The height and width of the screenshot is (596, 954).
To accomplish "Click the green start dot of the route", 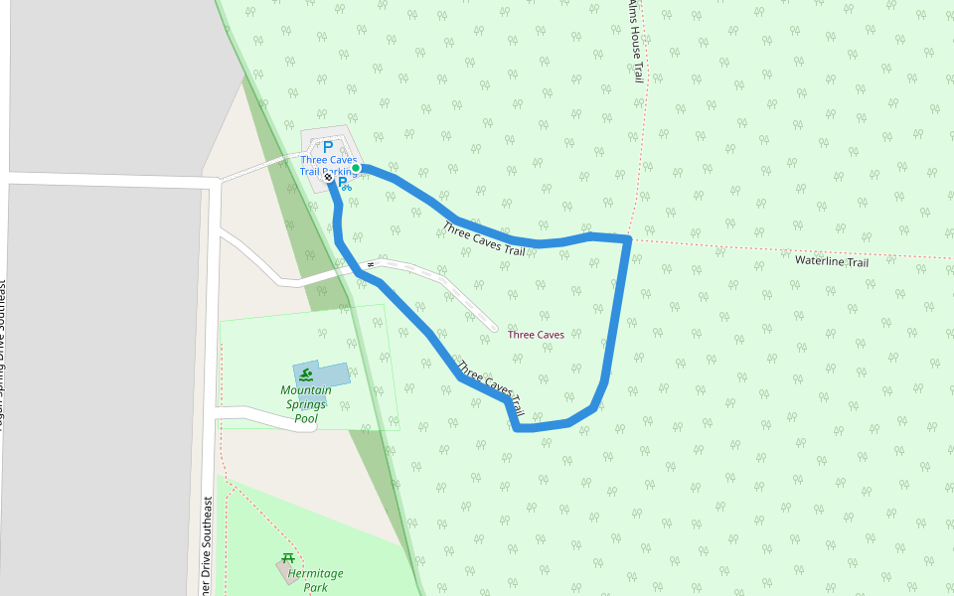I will click(x=356, y=168).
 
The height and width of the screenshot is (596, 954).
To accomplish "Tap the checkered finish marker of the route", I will click(x=329, y=178).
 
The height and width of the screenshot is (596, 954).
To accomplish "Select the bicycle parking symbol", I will click(x=344, y=185).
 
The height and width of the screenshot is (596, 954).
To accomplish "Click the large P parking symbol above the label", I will click(x=328, y=148).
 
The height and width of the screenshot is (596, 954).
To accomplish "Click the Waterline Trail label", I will click(x=832, y=261).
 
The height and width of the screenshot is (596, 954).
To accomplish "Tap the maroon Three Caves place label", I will click(x=536, y=335).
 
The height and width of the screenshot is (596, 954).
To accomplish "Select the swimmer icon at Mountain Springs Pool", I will click(x=307, y=374).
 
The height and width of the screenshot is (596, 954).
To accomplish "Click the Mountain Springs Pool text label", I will click(x=305, y=404).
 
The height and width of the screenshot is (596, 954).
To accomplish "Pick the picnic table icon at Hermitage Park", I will click(x=288, y=558).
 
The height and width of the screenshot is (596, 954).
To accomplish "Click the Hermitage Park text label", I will click(x=315, y=580).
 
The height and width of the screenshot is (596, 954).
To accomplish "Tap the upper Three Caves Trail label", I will click(x=484, y=238).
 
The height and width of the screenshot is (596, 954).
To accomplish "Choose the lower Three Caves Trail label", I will click(x=490, y=385).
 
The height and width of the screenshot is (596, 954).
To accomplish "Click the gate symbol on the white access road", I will click(x=370, y=264).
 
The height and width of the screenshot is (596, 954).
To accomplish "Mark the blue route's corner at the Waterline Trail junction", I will click(x=628, y=238).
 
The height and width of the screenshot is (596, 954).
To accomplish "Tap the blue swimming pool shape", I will click(x=332, y=373).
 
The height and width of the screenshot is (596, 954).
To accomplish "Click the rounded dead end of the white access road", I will click(x=493, y=327).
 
